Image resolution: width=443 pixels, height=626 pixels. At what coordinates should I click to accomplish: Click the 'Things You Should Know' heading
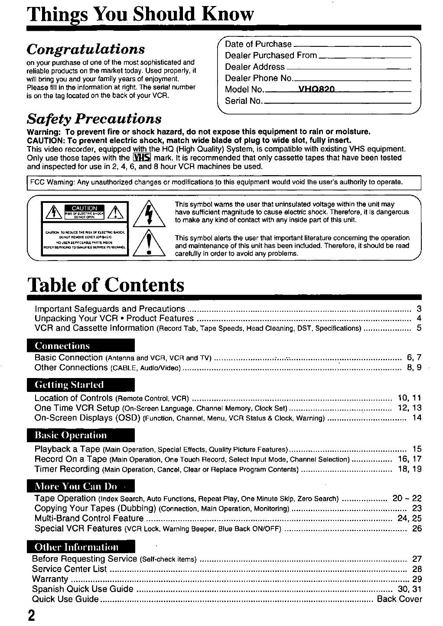[140, 14]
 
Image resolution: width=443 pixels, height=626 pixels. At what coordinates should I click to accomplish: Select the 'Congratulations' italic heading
[85, 48]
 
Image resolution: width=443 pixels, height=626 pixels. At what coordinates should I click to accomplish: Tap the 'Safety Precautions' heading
[94, 118]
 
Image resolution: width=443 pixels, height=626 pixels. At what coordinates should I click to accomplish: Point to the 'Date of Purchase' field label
[258, 44]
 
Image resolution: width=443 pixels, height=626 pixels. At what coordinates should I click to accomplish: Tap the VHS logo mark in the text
[142, 158]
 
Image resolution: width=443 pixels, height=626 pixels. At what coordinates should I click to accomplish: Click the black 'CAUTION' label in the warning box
[84, 208]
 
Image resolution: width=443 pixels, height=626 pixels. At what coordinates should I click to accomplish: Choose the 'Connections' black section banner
[81, 346]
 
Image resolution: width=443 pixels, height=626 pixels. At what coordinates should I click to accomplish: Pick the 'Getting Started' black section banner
[81, 385]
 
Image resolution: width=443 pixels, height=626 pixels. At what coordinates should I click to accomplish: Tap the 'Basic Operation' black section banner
[81, 435]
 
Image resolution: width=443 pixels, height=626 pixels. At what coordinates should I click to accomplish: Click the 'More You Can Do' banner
[81, 486]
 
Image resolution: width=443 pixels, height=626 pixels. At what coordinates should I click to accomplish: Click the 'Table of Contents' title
[106, 285]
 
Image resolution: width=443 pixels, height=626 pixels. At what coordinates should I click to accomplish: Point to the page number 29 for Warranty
[417, 579]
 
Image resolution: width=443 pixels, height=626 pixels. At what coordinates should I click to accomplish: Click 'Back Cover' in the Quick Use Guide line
[399, 599]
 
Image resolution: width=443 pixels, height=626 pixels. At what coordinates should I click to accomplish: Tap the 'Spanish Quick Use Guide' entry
[83, 589]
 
